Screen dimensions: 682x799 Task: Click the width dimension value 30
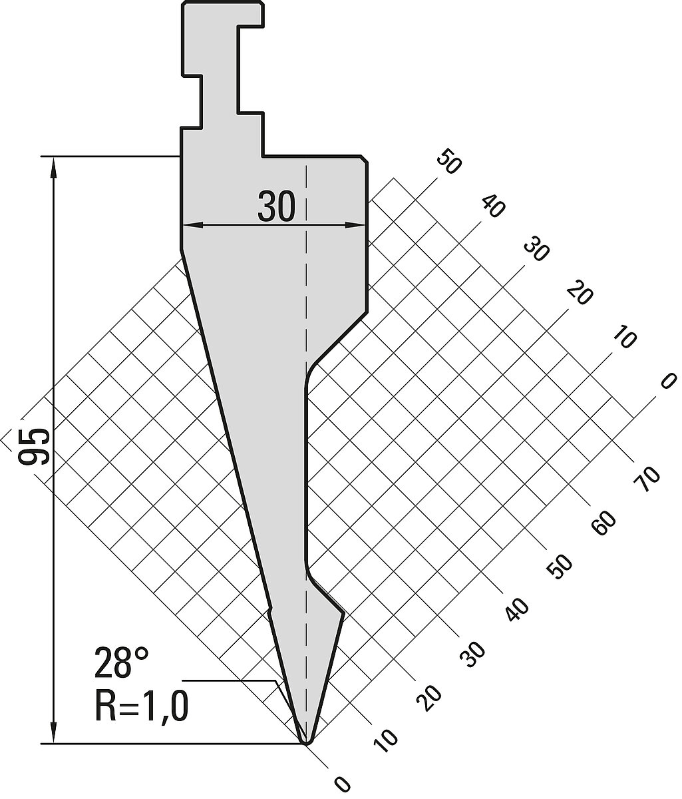(276, 208)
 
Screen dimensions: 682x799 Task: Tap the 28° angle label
(121, 663)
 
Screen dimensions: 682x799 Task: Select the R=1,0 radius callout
(141, 706)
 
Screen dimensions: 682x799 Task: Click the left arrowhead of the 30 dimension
(192, 225)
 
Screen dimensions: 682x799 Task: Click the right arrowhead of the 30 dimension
(355, 225)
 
